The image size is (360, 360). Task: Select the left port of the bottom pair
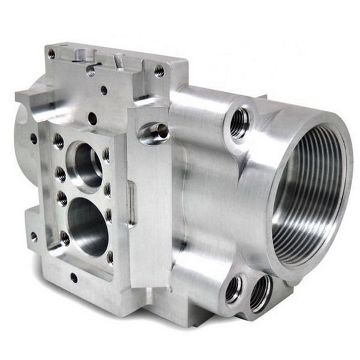pos(234,290)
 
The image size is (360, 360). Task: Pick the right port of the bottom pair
pos(259,293)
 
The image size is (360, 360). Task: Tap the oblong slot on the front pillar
pos(131,204)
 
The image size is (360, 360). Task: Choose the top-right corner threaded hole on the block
pos(159,71)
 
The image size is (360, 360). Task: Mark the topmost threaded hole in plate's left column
pos(58,142)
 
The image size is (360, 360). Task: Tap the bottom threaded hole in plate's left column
pos(65,238)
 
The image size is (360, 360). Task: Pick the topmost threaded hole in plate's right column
pos(107,155)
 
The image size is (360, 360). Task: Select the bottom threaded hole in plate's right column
pos(110,257)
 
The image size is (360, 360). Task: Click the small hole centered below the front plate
pos(74,278)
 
